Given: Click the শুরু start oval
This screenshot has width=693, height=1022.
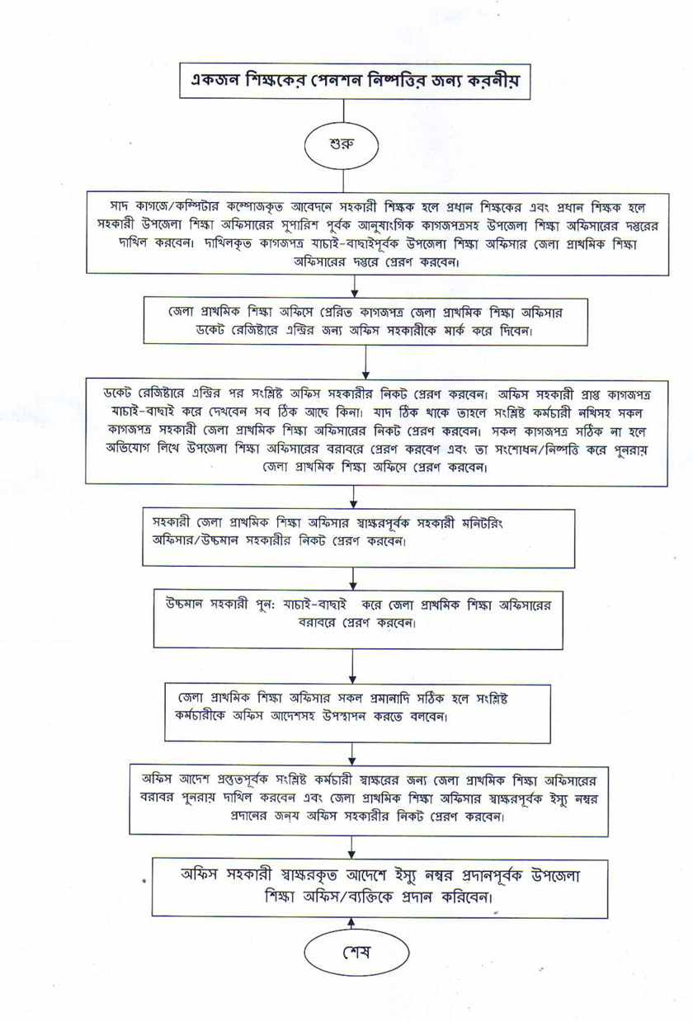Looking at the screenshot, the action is (x=342, y=145).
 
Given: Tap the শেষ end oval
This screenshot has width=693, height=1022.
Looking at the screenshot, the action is (x=356, y=949).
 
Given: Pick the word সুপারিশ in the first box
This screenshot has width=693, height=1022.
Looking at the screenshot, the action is (x=354, y=225).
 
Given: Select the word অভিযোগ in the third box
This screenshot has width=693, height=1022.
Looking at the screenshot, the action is (x=126, y=450).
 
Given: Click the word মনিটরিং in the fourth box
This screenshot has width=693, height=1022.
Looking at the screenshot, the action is (x=483, y=524).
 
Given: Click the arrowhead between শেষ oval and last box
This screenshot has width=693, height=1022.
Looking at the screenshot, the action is (x=351, y=922).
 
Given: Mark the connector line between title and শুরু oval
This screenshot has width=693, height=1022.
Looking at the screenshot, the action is (x=343, y=112).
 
